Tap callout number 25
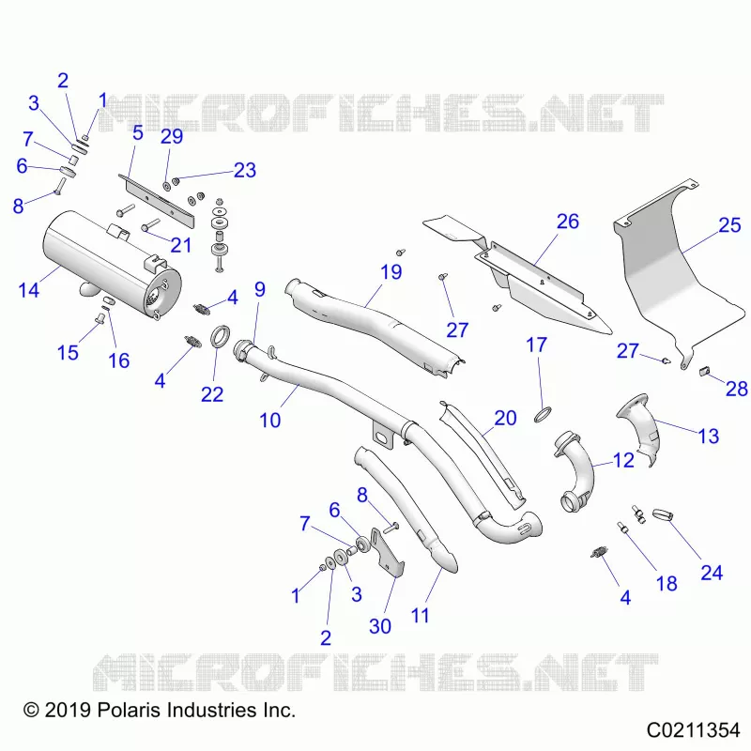pyautogui.click(x=729, y=224)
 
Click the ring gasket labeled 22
pyautogui.click(x=221, y=336)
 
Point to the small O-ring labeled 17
pyautogui.click(x=543, y=415)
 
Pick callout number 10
pyautogui.click(x=269, y=420)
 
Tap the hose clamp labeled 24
pyautogui.click(x=663, y=515)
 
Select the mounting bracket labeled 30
pyautogui.click(x=387, y=552)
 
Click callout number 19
pyautogui.click(x=391, y=272)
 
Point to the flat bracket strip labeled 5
pyautogui.click(x=157, y=200)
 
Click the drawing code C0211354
pyautogui.click(x=693, y=730)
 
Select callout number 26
pyautogui.click(x=568, y=222)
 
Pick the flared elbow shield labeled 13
pyautogui.click(x=640, y=429)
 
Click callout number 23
pyautogui.click(x=245, y=170)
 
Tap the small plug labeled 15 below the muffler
pyautogui.click(x=100, y=316)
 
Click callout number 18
pyautogui.click(x=667, y=583)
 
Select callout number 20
pyautogui.click(x=505, y=418)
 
